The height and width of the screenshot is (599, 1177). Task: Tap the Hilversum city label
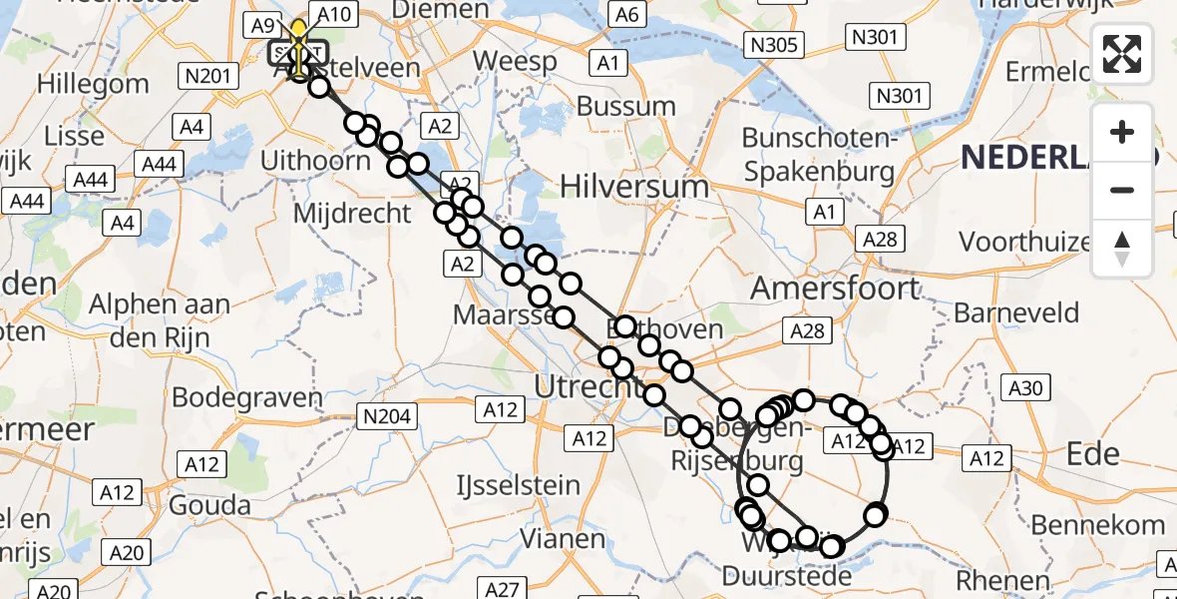pos(634,187)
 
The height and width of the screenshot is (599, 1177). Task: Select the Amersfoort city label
pos(821,288)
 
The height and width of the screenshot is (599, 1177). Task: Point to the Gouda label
pos(208,504)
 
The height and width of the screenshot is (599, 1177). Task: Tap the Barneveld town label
pos(1016,312)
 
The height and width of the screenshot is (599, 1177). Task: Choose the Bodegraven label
pos(247,396)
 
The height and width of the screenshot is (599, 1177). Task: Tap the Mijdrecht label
pos(351,213)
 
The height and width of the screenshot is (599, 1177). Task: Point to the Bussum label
pos(626,106)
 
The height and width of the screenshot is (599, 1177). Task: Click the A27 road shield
pos(506,588)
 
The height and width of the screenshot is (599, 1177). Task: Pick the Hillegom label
pos(93,84)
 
